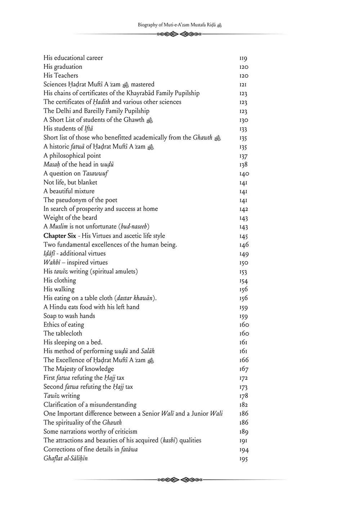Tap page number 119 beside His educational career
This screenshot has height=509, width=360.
243,58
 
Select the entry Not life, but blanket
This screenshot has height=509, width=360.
70,182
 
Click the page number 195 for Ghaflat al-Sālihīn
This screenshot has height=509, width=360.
244,459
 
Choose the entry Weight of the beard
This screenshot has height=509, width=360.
70,217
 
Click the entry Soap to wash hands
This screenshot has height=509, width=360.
69,316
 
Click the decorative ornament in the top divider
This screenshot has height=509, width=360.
180,34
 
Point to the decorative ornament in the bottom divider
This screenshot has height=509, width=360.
180,479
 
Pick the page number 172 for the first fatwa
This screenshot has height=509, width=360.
244,378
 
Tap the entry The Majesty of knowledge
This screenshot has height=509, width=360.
78,369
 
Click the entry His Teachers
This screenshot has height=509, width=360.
60,76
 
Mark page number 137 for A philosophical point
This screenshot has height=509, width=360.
244,156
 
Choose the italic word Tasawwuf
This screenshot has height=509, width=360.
95,174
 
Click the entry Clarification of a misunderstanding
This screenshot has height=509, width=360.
90,405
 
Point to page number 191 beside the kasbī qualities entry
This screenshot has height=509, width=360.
243,441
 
